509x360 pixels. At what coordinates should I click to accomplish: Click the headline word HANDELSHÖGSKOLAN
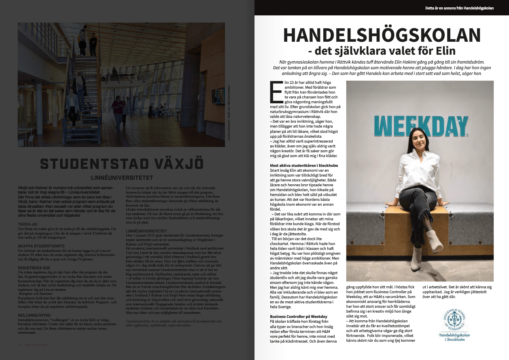382,36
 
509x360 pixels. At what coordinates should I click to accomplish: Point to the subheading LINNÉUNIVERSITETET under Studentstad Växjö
122,177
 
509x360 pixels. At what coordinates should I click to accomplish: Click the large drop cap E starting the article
277,92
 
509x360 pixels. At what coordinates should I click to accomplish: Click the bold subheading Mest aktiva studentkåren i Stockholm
304,166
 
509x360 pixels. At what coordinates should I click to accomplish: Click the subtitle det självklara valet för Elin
382,51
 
